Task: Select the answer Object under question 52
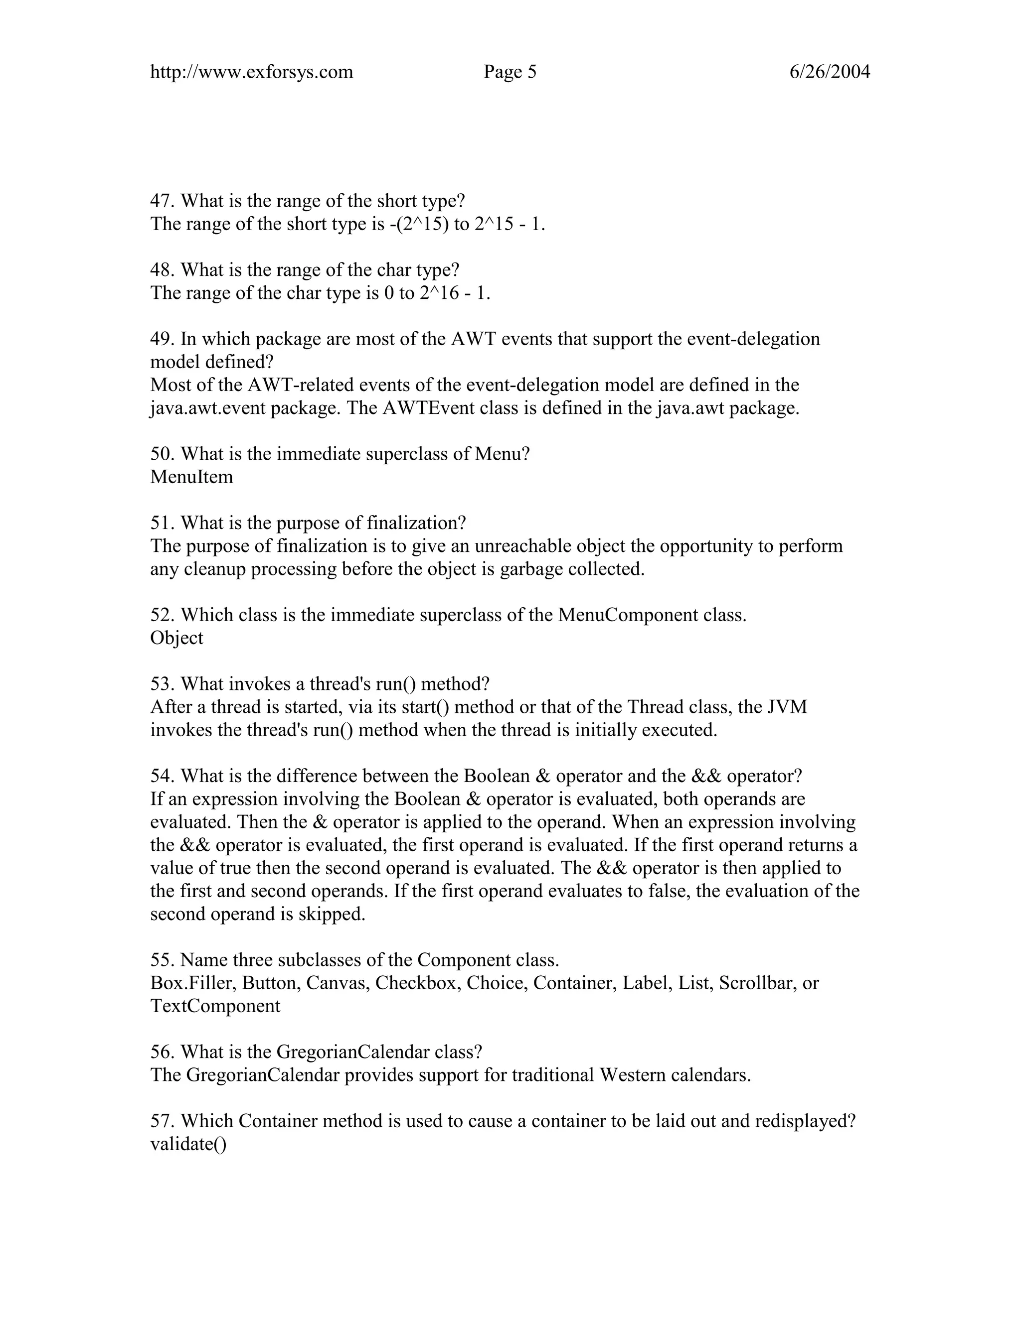(176, 638)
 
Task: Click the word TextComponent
(215, 1006)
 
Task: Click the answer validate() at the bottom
(188, 1145)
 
